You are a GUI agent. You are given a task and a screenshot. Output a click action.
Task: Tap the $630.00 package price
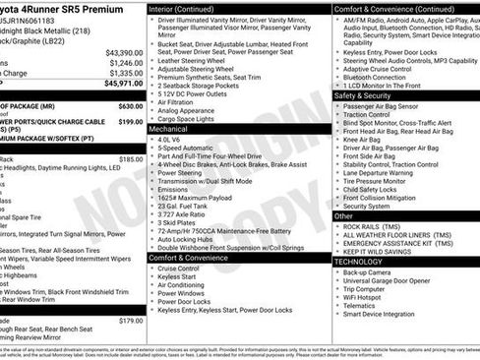point(130,106)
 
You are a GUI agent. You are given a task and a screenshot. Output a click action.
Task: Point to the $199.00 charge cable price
point(130,122)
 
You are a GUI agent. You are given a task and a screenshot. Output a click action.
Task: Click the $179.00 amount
point(130,321)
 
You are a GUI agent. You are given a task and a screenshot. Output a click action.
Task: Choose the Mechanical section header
point(168,129)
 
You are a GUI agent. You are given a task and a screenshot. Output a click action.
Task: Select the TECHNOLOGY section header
point(360,262)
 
